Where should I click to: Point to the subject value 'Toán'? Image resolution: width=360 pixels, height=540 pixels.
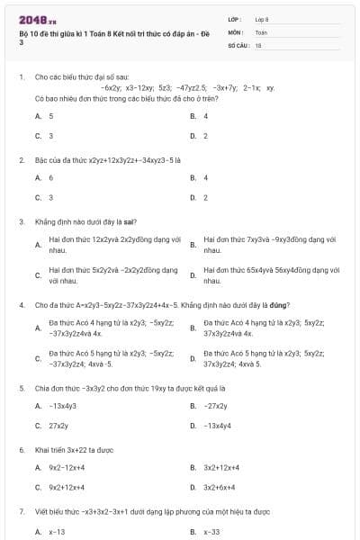[261, 31]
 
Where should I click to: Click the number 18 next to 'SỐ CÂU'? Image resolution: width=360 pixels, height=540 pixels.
[258, 43]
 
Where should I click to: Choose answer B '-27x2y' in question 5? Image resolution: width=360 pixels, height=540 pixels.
[216, 406]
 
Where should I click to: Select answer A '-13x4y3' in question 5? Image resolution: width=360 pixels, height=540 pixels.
[62, 406]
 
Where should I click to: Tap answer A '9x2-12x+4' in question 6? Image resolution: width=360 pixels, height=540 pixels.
[67, 467]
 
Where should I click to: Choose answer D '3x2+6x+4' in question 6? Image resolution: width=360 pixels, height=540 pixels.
[220, 487]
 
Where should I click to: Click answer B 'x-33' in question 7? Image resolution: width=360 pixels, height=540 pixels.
[211, 532]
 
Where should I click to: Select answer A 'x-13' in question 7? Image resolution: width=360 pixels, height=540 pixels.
[57, 532]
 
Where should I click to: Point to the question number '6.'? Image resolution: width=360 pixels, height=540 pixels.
[21, 448]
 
